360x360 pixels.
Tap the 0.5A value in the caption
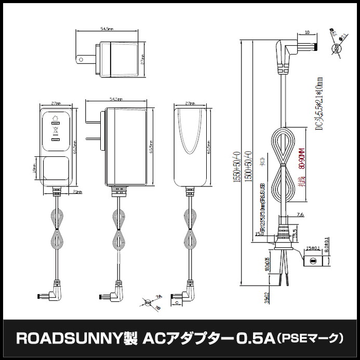(x=254, y=339)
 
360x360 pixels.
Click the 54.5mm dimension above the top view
(x=107, y=29)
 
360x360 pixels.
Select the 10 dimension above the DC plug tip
(x=308, y=32)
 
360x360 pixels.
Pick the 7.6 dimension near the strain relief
(x=301, y=214)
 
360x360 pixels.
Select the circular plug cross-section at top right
(x=337, y=48)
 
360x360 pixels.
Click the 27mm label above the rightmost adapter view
(x=189, y=104)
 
